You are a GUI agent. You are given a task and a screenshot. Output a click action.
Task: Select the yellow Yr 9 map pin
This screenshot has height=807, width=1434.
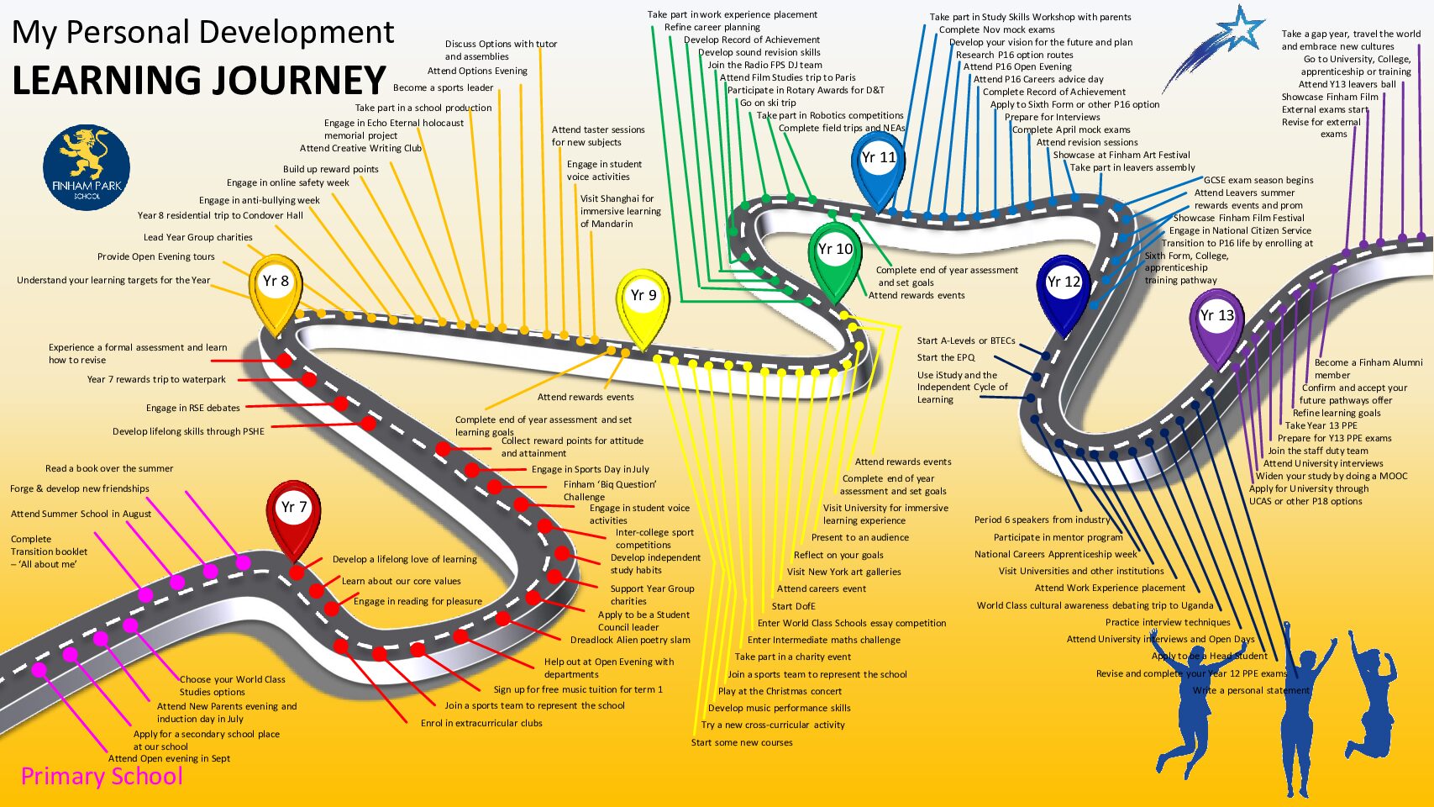[x=643, y=302]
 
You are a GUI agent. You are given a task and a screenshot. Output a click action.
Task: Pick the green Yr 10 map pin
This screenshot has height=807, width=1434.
[x=835, y=255]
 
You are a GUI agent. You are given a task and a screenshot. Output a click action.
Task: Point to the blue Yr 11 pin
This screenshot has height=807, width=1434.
[x=879, y=164]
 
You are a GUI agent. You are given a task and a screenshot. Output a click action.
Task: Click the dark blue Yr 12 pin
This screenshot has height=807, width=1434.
[x=1064, y=288]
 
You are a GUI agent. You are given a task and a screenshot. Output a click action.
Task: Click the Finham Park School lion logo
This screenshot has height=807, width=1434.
[x=87, y=168]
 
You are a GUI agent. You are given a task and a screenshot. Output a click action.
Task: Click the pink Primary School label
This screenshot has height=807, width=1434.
[x=102, y=776]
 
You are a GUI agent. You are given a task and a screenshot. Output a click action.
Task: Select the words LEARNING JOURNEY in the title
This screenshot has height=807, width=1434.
[x=199, y=81]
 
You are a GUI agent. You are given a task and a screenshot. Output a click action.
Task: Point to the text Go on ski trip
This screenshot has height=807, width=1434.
[x=768, y=103]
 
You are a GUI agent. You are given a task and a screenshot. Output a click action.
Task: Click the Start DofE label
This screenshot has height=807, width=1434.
[x=793, y=606]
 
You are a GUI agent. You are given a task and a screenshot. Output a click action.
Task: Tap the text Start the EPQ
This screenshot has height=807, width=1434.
[x=946, y=358]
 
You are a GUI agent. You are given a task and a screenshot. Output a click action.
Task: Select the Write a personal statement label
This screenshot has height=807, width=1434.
[x=1251, y=691]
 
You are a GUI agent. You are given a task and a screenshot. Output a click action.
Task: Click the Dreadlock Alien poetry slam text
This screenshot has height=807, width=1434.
[x=630, y=641]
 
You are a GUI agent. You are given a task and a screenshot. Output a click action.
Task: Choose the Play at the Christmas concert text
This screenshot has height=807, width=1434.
[x=780, y=692]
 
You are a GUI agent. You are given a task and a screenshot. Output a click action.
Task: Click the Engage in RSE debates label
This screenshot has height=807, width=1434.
[x=193, y=409]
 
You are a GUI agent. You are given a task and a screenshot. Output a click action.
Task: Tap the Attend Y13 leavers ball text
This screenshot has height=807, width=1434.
[x=1347, y=84]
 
